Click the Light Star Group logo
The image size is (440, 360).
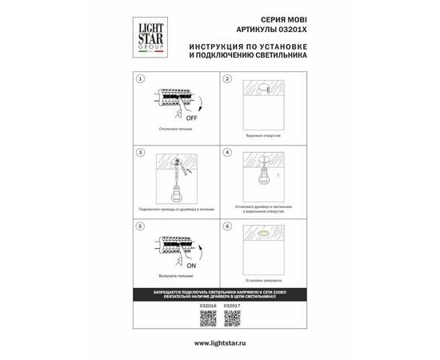(x=146, y=37)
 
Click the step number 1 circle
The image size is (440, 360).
(x=140, y=80)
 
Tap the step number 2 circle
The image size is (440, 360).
(x=227, y=80)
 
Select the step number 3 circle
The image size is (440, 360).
(x=140, y=152)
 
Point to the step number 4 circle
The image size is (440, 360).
(x=227, y=152)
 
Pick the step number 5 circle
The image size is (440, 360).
(x=140, y=227)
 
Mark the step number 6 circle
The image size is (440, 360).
(x=227, y=227)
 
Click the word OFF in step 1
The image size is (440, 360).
(x=191, y=115)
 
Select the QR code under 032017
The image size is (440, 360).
(x=232, y=318)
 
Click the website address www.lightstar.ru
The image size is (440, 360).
(x=219, y=342)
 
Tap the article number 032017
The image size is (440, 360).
(x=232, y=305)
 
